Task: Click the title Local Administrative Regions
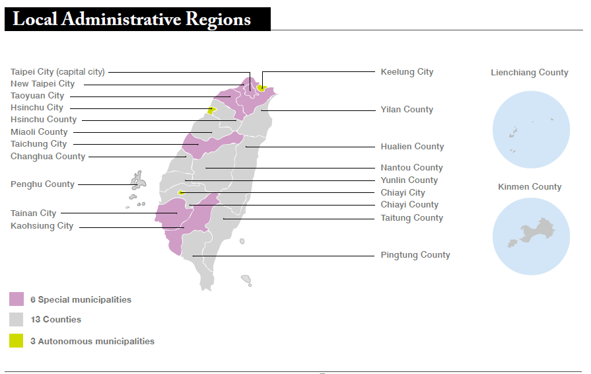pyautogui.click(x=132, y=19)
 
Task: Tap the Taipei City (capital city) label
pyautogui.click(x=57, y=72)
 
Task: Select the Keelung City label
pyautogui.click(x=407, y=72)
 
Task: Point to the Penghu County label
pyautogui.click(x=42, y=184)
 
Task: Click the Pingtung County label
pyautogui.click(x=415, y=255)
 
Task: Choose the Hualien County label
pyautogui.click(x=412, y=147)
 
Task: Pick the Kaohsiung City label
pyautogui.click(x=42, y=226)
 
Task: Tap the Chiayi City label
pyautogui.click(x=403, y=193)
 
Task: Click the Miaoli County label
pyautogui.click(x=39, y=132)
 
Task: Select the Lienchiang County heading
pyautogui.click(x=529, y=73)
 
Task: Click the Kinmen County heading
pyautogui.click(x=530, y=187)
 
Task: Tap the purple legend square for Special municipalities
pyautogui.click(x=17, y=299)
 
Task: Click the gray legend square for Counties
pyautogui.click(x=17, y=320)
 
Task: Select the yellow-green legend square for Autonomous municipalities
pyautogui.click(x=17, y=341)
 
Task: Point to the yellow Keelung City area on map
pyautogui.click(x=262, y=88)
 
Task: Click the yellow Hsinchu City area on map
pyautogui.click(x=212, y=110)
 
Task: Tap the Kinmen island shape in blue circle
pyautogui.click(x=536, y=232)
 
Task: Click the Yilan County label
pyautogui.click(x=407, y=110)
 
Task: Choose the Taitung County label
pyautogui.click(x=411, y=218)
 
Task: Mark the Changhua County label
pyautogui.click(x=48, y=157)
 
